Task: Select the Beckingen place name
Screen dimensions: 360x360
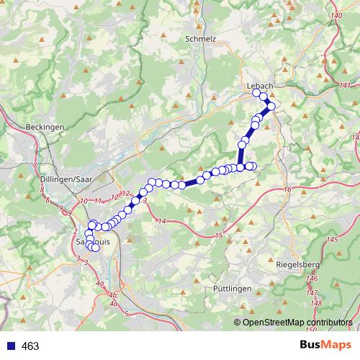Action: pos(45,126)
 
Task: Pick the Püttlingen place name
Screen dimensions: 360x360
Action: pos(233,288)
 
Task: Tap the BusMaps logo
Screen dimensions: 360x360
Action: pos(327,345)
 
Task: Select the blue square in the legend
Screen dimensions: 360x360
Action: pos(11,346)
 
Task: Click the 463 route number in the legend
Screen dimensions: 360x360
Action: pos(30,346)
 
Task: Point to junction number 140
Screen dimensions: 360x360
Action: pos(335,16)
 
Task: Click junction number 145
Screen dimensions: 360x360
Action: pos(332,239)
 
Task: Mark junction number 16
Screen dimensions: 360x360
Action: pos(287,189)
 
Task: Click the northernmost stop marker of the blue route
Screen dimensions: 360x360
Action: pos(256,93)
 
